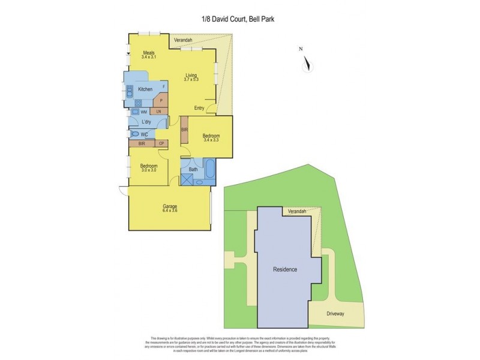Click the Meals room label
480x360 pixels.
(148, 53)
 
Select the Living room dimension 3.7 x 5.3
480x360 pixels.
(191, 80)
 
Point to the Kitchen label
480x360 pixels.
(145, 89)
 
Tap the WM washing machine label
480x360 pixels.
(144, 112)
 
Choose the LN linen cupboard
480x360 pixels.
(159, 112)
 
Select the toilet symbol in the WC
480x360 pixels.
(134, 134)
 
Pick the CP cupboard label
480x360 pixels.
(161, 144)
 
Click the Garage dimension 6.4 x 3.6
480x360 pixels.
(170, 210)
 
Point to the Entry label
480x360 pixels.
(200, 108)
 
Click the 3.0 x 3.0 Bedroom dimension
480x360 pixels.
(149, 170)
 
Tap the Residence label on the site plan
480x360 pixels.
(285, 269)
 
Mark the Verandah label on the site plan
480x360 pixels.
(297, 212)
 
